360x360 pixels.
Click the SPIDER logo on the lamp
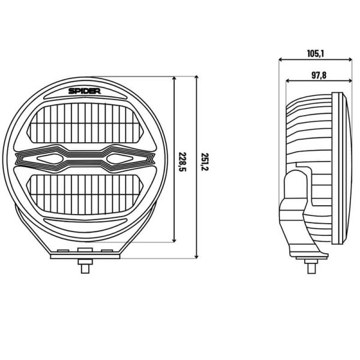tap(85, 92)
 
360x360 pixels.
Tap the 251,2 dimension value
tap(205, 160)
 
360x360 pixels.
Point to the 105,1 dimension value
tap(315, 53)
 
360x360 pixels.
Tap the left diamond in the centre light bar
tap(50, 158)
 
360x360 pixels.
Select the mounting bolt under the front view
tap(85, 265)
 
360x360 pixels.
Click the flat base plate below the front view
tap(85, 256)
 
